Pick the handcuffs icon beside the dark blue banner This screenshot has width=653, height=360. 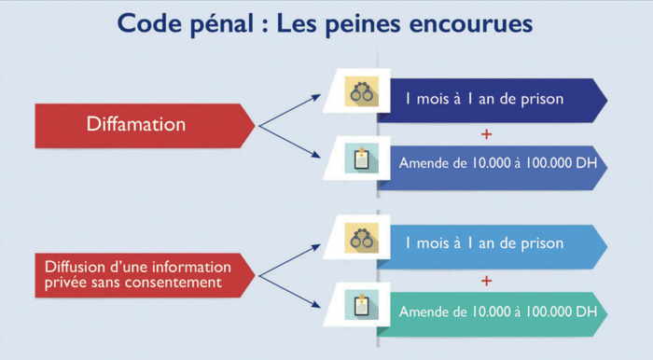360,94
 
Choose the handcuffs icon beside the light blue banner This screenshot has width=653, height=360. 360,240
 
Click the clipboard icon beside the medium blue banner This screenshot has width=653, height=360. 360,159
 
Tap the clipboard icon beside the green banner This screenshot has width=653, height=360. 360,305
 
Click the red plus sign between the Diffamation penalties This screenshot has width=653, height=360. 486,132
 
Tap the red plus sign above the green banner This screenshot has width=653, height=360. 486,279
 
